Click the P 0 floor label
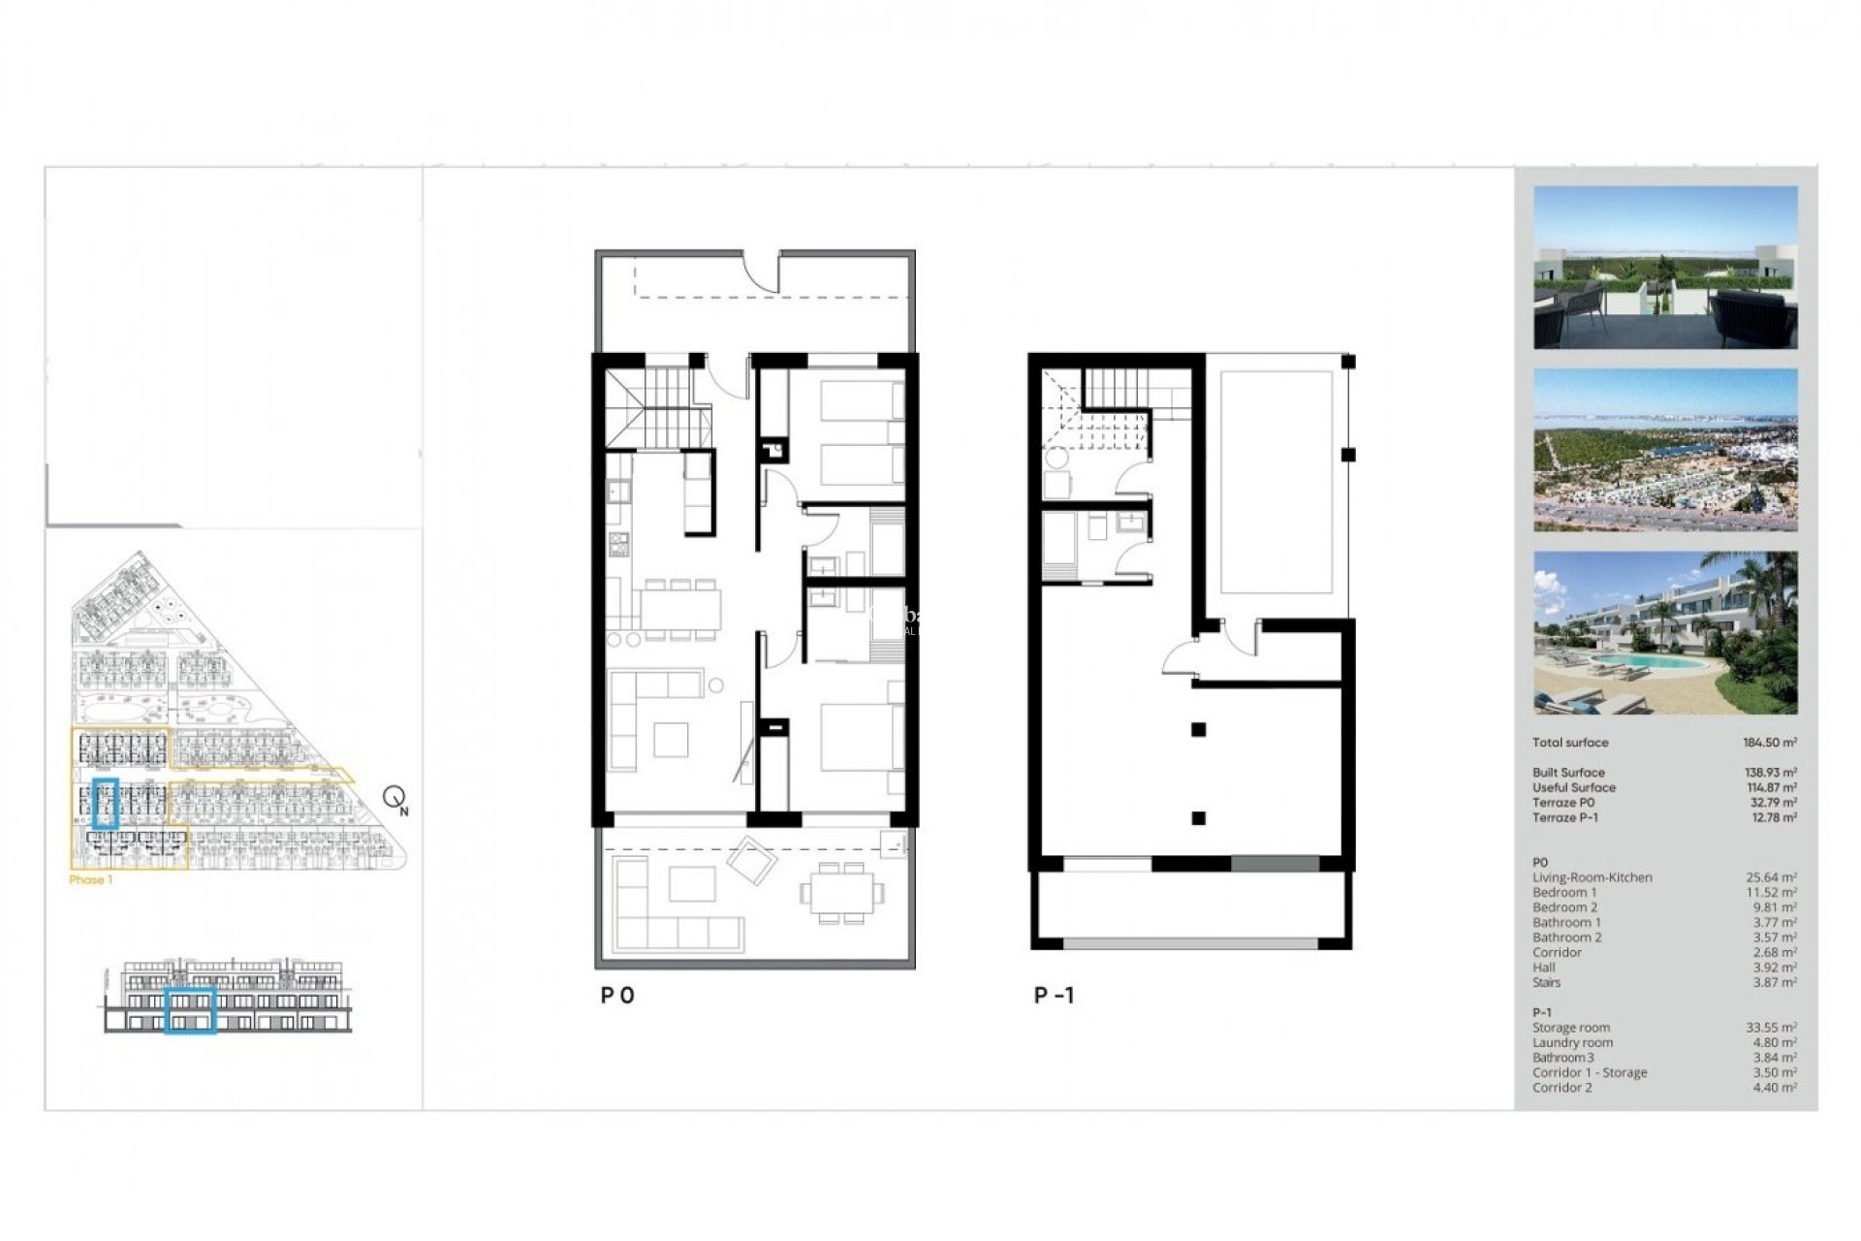pos(617,996)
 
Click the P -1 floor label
pos(1054,996)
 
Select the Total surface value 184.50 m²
pos(1769,743)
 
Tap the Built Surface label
pos(1568,773)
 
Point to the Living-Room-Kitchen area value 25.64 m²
pos(1771,877)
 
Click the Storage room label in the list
pos(1570,1028)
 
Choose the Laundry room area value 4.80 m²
pos(1774,1043)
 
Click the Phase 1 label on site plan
pos(91,880)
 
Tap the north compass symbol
pos(395,799)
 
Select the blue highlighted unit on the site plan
pos(105,803)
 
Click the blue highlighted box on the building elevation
pos(190,1010)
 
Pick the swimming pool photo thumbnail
pos(1665,633)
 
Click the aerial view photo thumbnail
pos(1665,450)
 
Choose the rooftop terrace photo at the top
pos(1665,268)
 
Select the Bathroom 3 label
pos(1561,1058)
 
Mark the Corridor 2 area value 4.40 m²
pos(1774,1088)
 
